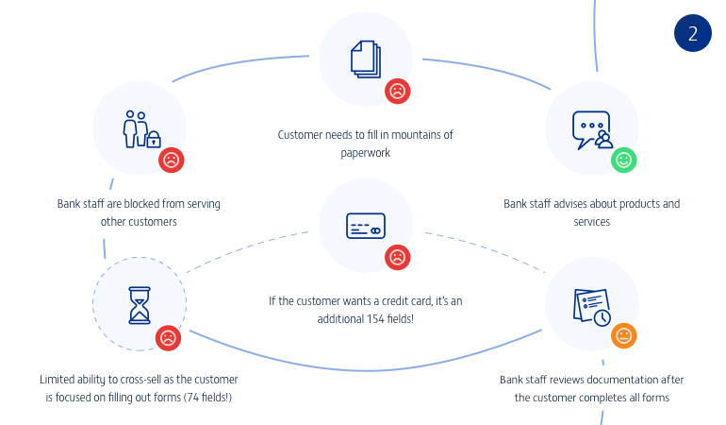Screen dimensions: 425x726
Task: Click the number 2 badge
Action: tap(693, 34)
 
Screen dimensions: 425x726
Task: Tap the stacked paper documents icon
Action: tap(366, 59)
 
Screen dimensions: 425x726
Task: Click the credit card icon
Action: tap(365, 227)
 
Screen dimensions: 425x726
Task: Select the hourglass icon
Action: tap(140, 303)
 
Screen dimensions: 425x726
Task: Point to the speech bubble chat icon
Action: tap(591, 129)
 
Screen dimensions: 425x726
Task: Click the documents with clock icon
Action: tap(591, 305)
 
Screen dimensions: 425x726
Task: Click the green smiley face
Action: tap(622, 160)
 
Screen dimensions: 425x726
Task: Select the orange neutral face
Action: tap(623, 335)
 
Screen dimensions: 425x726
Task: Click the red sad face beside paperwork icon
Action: tap(398, 91)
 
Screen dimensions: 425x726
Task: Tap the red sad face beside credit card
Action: tap(398, 256)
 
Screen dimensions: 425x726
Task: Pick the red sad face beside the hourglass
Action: tap(168, 337)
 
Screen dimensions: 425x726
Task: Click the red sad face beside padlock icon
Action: tap(171, 160)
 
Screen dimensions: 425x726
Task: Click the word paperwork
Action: tap(365, 153)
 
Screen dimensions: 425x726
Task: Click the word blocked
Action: tap(134, 204)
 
